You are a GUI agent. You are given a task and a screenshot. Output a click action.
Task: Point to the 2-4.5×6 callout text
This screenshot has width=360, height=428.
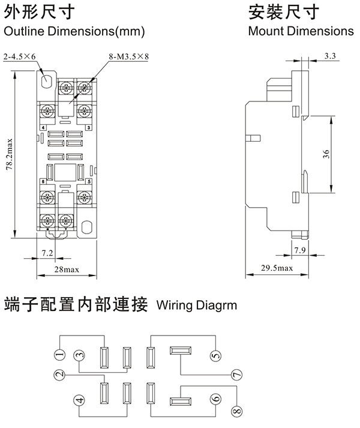pos(20,56)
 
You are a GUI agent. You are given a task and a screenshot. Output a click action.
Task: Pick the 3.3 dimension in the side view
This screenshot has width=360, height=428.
pos(329,56)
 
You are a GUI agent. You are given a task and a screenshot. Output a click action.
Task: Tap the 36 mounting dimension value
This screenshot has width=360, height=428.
pos(326,154)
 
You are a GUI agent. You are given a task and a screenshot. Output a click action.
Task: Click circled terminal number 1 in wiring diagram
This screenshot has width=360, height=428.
pos(58,355)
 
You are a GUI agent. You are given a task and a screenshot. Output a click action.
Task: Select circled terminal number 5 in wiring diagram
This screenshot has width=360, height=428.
pos(215,357)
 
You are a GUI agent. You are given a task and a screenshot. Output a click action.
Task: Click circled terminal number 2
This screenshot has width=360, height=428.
pos(58,375)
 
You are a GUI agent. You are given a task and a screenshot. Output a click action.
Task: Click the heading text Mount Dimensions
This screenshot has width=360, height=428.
pos(301,31)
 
